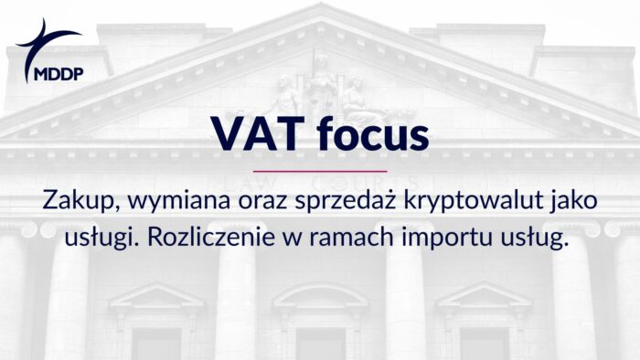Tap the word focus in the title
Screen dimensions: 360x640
[x=370, y=134]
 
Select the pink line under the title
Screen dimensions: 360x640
[x=319, y=171]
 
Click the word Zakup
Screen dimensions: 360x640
[x=72, y=202]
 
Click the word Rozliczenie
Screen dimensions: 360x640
[x=204, y=237]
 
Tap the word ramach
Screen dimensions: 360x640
[x=342, y=237]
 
